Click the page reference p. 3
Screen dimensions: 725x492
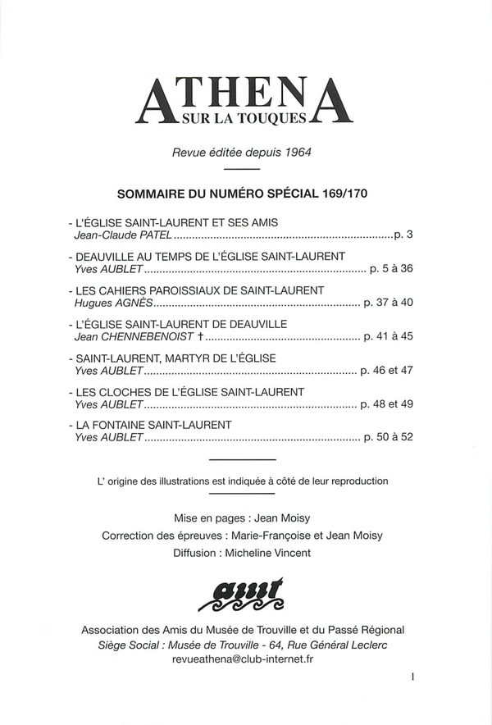coord(403,236)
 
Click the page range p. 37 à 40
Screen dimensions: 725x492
coord(387,303)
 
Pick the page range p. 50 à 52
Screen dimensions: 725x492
coord(387,437)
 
